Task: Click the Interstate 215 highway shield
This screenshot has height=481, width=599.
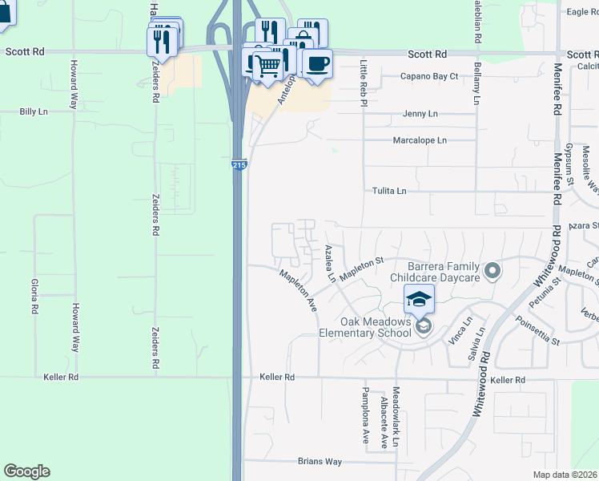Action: pos(239,164)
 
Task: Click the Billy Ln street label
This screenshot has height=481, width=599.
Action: pos(33,112)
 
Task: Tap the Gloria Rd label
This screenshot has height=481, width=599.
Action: pos(34,296)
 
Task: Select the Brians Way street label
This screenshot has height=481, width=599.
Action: pos(320,462)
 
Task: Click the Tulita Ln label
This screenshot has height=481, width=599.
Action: pos(389,191)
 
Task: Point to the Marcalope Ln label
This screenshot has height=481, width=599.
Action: pos(420,140)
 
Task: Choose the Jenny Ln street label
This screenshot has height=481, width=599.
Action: pos(420,114)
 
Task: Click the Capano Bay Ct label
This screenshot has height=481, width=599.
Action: pos(429,77)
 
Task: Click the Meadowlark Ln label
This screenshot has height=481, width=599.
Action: pos(396,422)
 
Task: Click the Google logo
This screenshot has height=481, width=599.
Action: pos(26,471)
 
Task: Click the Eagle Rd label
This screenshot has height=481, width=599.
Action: pos(582,11)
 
